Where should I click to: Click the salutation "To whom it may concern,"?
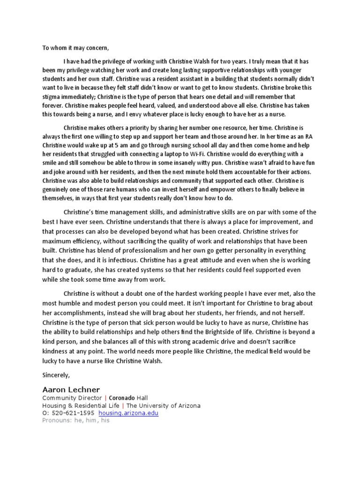point(75,48)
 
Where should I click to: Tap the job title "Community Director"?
point(71,398)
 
